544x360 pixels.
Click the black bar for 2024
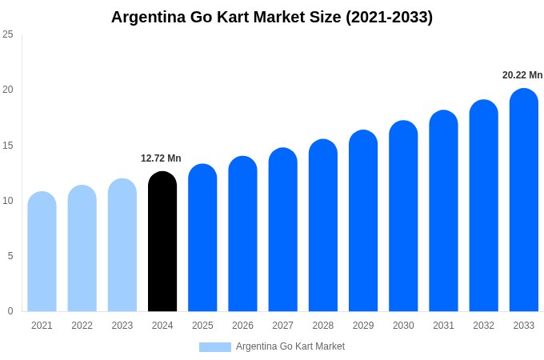click(162, 242)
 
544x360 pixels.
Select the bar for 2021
click(42, 252)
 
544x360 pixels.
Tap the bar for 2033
click(524, 200)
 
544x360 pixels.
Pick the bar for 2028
click(323, 226)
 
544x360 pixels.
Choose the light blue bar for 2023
click(122, 245)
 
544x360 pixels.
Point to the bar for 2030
click(403, 216)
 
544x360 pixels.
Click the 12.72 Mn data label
click(161, 158)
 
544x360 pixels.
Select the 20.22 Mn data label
click(522, 75)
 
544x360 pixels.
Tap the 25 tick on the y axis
click(8, 34)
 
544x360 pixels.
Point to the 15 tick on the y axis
click(8, 145)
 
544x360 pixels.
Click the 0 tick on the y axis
click(10, 311)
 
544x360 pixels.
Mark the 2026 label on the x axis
click(242, 326)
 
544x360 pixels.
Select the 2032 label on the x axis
click(483, 326)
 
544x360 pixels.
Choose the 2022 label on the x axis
click(82, 326)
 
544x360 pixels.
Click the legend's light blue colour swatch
click(214, 347)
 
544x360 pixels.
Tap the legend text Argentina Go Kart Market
click(290, 346)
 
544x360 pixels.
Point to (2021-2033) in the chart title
click(389, 17)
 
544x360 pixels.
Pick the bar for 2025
click(202, 238)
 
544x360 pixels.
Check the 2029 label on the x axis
click(363, 326)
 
